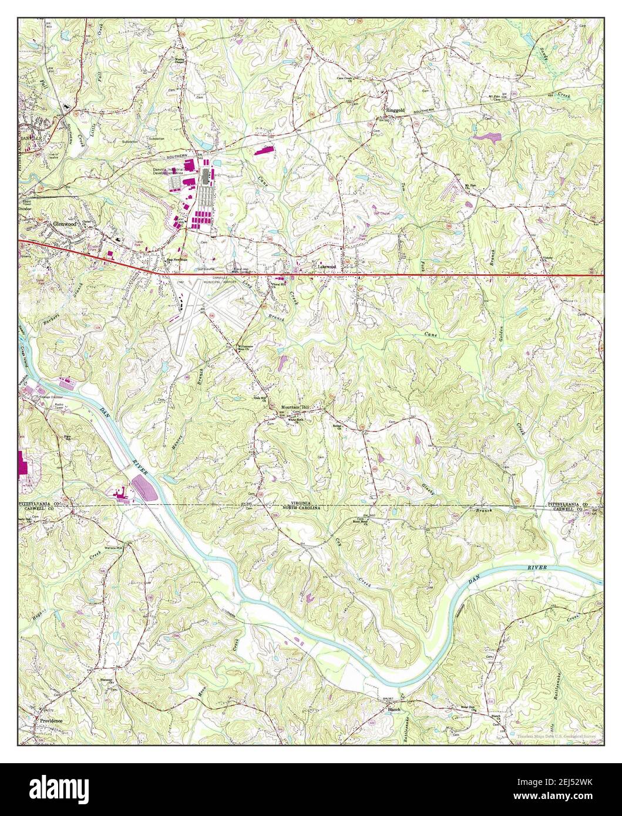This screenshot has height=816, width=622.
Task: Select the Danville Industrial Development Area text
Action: [x=169, y=170]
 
